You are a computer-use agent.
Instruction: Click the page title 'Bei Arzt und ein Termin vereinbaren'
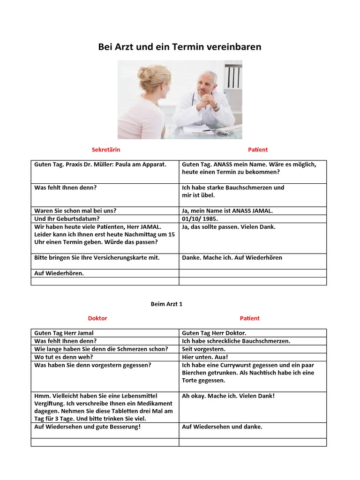pos(180,47)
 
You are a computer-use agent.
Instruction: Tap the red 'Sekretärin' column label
pos(106,150)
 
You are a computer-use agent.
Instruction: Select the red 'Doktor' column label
pos(98,318)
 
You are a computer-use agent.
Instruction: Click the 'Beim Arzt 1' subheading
pos(166,304)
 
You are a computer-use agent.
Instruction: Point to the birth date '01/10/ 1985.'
pos(200,219)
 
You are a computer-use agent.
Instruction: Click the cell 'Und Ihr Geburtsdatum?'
pos(67,219)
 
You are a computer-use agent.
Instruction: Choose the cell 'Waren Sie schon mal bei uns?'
pos(75,211)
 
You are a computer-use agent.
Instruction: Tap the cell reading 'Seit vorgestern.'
pos(204,349)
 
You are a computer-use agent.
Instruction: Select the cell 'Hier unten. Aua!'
pos(205,357)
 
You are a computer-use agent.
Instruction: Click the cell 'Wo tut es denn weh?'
pos(64,357)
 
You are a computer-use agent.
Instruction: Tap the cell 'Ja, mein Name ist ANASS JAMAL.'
pos(227,211)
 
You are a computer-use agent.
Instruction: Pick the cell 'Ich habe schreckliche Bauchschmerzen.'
pos(236,341)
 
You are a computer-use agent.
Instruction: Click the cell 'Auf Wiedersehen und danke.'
pos(222,427)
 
